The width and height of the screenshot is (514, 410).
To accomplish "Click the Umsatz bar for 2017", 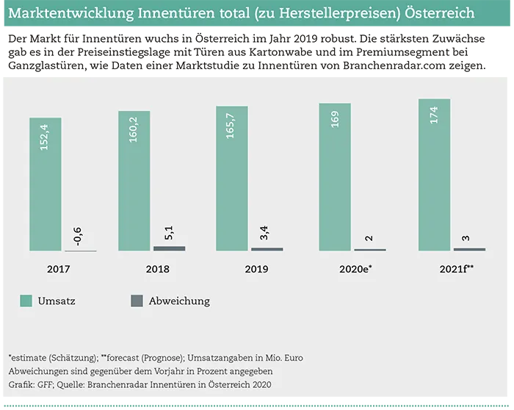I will click(46, 184).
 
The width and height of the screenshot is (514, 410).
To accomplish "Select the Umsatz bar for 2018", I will click(134, 181).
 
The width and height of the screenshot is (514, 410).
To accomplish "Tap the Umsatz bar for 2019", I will click(231, 179).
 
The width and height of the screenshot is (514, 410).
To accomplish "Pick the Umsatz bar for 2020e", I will click(334, 177).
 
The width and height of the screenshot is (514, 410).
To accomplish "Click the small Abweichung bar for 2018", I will click(169, 248).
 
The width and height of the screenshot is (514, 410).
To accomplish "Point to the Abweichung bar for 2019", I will click(267, 249).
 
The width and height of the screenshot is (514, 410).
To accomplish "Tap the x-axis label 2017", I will click(59, 269).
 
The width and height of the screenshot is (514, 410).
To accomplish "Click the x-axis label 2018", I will click(157, 269).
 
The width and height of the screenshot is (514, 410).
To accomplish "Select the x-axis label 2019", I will click(256, 269).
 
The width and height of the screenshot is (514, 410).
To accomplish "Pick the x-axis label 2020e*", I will click(355, 269).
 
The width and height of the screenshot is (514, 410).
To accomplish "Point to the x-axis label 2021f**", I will click(456, 269).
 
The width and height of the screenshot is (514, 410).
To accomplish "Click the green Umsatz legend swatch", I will click(26, 301).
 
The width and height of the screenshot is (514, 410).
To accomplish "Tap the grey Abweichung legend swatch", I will click(137, 301).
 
